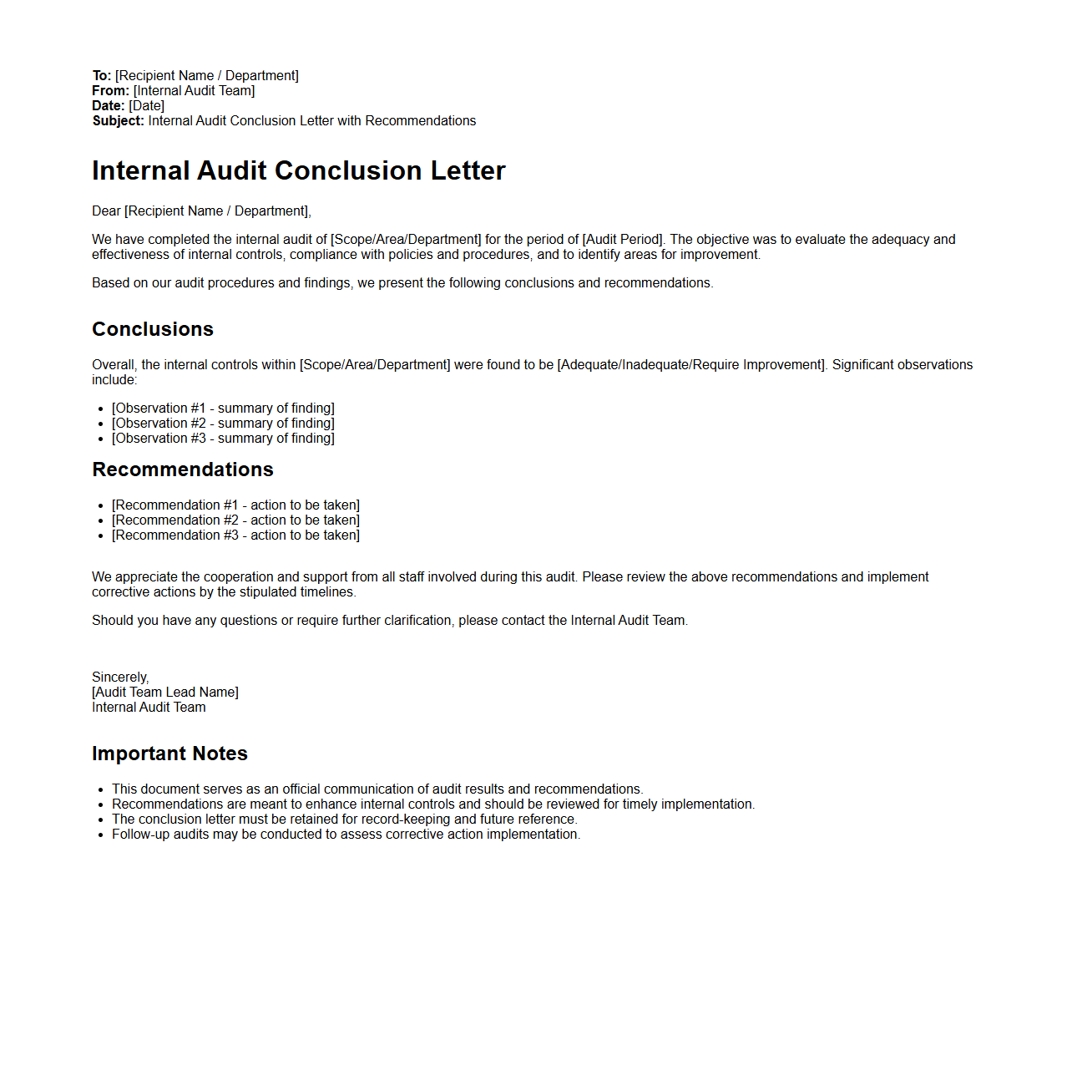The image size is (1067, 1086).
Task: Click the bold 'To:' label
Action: [x=102, y=76]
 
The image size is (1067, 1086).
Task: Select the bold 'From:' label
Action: [x=110, y=91]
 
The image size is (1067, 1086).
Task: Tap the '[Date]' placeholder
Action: [x=147, y=106]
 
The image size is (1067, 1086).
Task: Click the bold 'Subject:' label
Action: [x=118, y=121]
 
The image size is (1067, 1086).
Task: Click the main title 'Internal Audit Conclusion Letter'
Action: [x=298, y=170]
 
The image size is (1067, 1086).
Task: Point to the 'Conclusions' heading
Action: [x=153, y=329]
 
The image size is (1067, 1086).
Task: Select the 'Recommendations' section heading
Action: [x=183, y=469]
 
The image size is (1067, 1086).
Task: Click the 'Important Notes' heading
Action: [x=169, y=754]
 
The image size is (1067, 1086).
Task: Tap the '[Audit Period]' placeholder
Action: [x=623, y=240]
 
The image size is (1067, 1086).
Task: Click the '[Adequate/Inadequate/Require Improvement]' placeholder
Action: [x=691, y=365]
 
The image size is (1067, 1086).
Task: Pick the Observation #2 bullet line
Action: [x=223, y=424]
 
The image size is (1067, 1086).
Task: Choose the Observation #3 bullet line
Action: [x=223, y=439]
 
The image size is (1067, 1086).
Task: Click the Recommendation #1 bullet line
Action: [x=235, y=505]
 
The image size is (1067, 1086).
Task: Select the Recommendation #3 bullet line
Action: [x=235, y=535]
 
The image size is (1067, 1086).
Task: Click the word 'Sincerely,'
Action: [x=120, y=677]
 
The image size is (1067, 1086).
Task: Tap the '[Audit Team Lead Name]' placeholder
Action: [x=165, y=693]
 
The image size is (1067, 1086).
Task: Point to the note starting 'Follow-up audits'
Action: [x=346, y=835]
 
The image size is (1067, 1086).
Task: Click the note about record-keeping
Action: [x=344, y=820]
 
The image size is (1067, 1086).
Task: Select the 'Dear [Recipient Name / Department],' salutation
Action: [x=201, y=211]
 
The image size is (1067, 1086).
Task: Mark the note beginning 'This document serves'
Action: [x=377, y=789]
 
